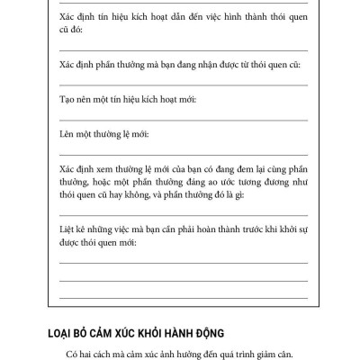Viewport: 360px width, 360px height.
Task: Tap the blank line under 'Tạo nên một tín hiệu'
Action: tap(184, 120)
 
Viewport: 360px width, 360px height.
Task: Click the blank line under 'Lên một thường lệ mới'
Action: tap(184, 154)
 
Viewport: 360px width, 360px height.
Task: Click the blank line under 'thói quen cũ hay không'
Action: tap(184, 215)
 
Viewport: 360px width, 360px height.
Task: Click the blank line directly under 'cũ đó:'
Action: tap(184, 51)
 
